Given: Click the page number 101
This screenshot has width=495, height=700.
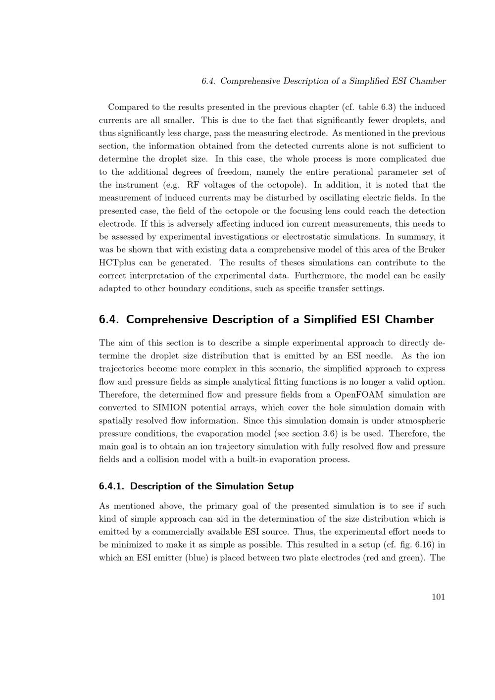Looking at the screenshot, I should [x=438, y=597].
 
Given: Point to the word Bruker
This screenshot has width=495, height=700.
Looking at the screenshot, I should [x=432, y=250].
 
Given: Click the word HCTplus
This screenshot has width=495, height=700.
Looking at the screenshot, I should [x=117, y=263].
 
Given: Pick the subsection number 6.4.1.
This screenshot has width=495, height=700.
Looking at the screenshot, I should [x=112, y=486].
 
